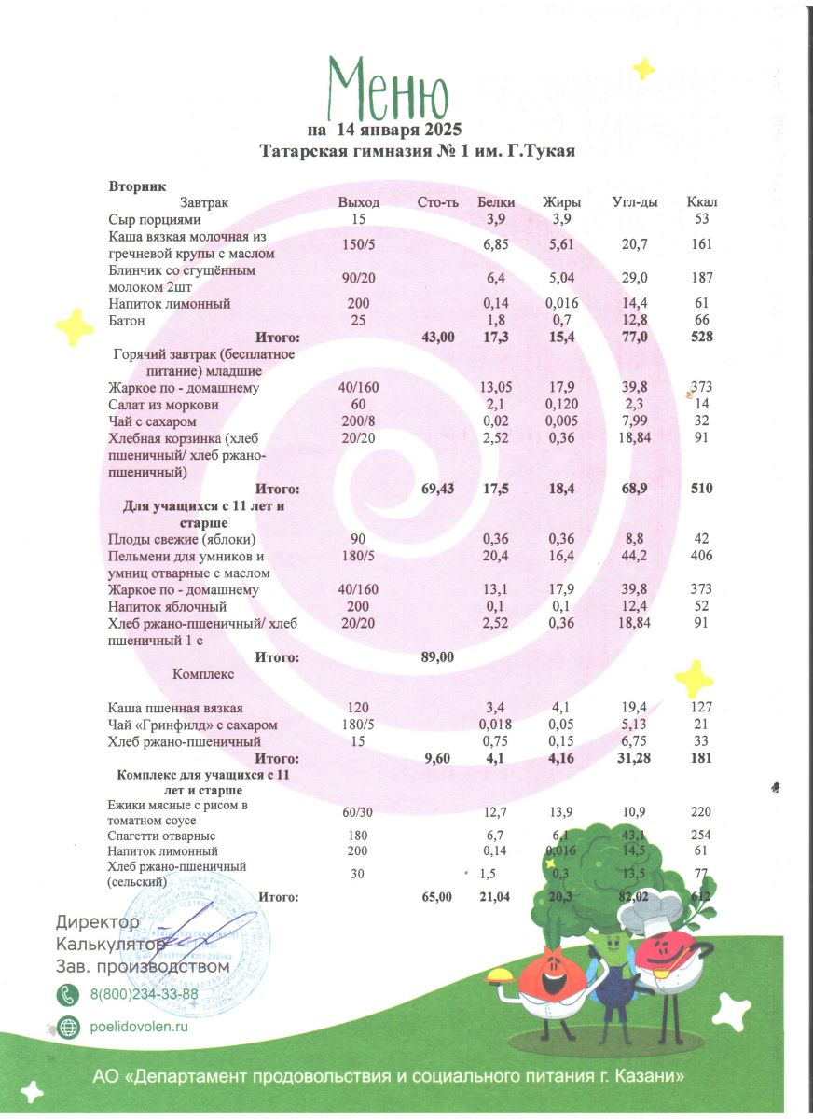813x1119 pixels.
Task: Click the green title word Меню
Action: click(x=389, y=90)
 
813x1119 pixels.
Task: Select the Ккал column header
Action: click(x=702, y=202)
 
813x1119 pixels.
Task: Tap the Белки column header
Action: click(x=496, y=202)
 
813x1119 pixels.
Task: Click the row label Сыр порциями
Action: click(x=155, y=219)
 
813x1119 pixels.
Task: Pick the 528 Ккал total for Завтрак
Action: click(x=702, y=338)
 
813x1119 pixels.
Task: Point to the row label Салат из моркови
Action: click(x=164, y=405)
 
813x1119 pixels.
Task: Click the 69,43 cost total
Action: click(x=438, y=489)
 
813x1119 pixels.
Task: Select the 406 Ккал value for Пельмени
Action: click(x=702, y=556)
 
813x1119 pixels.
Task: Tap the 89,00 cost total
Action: click(x=438, y=656)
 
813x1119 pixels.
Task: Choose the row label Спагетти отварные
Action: click(x=162, y=836)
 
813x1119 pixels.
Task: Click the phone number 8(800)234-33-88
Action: click(x=144, y=994)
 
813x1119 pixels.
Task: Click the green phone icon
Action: click(x=69, y=994)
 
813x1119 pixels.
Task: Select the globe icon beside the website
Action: click(x=69, y=1027)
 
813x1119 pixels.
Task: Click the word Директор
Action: click(x=98, y=922)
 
